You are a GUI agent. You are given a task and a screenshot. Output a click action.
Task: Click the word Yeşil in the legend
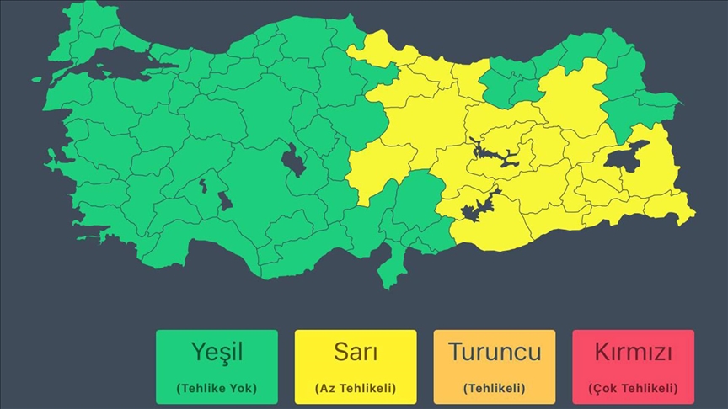pos(217,352)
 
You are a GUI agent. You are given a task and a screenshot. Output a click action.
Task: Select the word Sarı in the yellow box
pos(355,352)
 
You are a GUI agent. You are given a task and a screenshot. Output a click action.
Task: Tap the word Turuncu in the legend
pos(494,351)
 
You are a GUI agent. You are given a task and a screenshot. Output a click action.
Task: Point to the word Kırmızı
pos(633,351)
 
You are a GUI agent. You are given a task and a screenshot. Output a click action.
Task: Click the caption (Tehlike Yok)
pos(217,388)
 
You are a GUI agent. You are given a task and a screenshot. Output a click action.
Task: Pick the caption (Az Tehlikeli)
pos(355,388)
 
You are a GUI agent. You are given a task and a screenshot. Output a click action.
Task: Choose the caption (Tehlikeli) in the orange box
pos(494,388)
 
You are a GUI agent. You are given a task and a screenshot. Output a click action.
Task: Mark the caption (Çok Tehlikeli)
pos(633,388)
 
